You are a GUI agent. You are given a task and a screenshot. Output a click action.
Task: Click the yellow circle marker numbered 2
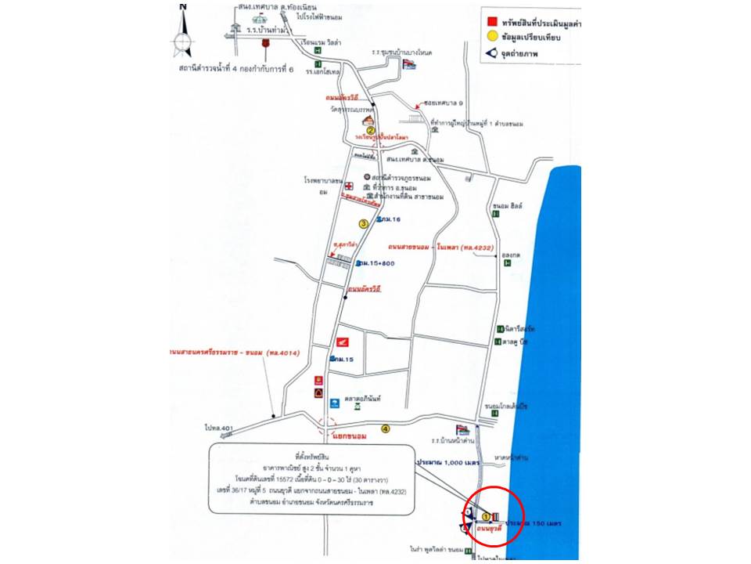point(372,131)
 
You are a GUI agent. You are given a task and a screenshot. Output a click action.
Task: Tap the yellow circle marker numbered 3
point(363,223)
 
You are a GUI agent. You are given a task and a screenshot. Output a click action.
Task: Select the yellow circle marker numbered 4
point(385,428)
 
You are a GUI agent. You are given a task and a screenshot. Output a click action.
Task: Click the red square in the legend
point(491,20)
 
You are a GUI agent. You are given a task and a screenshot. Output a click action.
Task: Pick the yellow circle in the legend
point(491,36)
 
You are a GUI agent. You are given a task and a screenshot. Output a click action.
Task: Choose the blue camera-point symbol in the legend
point(491,54)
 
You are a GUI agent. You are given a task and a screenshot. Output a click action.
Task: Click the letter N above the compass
point(183,6)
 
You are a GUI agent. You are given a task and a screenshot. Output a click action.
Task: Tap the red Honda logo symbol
point(341,342)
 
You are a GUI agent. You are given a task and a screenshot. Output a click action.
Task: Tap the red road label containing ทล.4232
point(443,248)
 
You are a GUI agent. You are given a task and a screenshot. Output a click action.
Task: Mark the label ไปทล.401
point(219,428)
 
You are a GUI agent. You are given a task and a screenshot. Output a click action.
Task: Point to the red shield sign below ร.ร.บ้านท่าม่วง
point(265,45)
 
